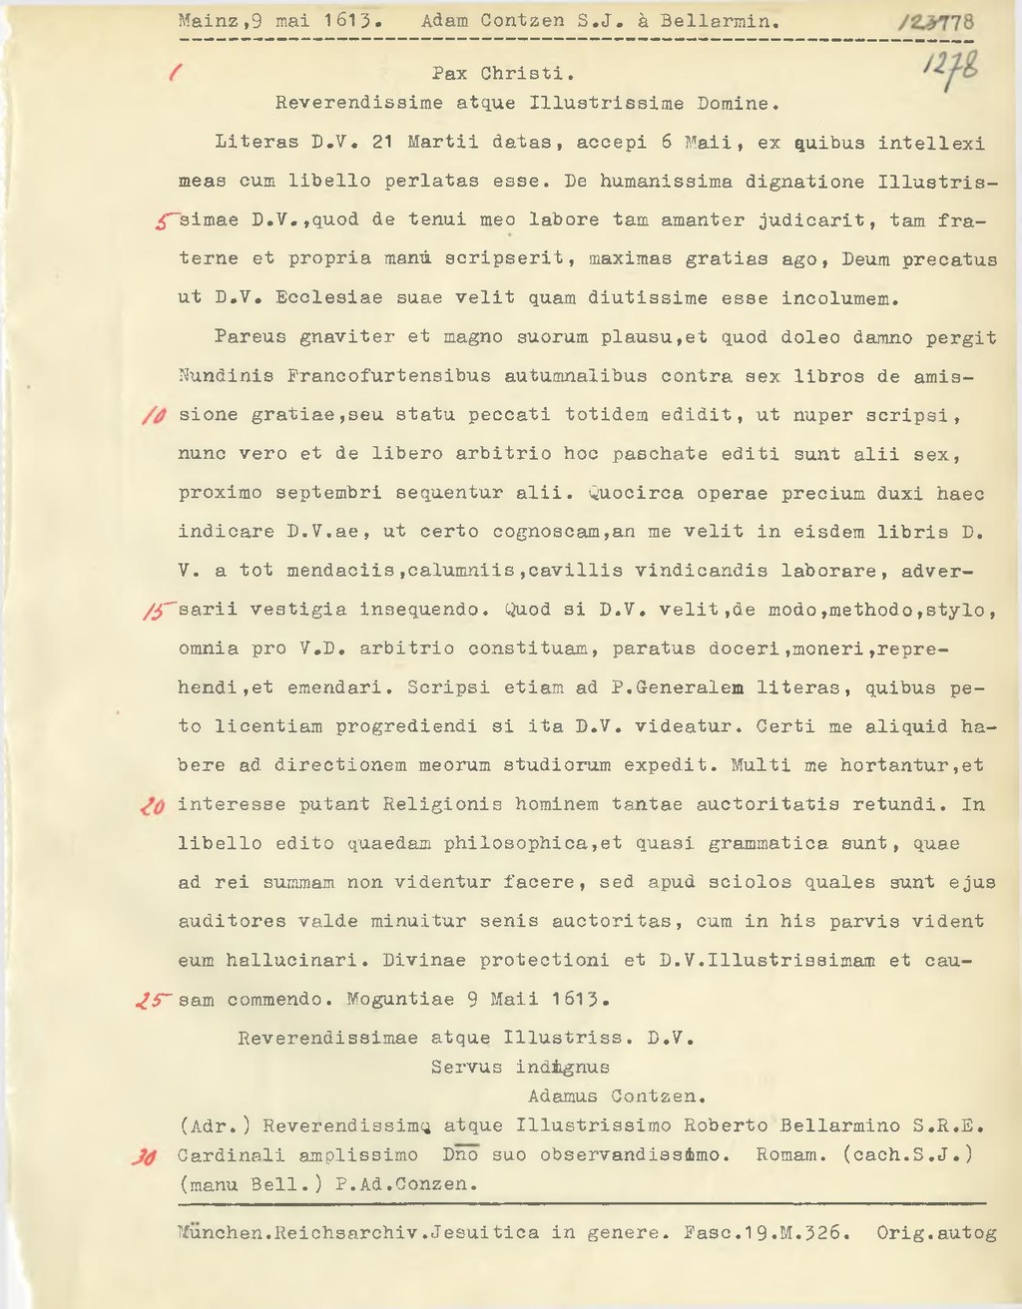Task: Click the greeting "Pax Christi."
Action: (x=502, y=74)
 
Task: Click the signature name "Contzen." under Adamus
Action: (x=660, y=1095)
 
